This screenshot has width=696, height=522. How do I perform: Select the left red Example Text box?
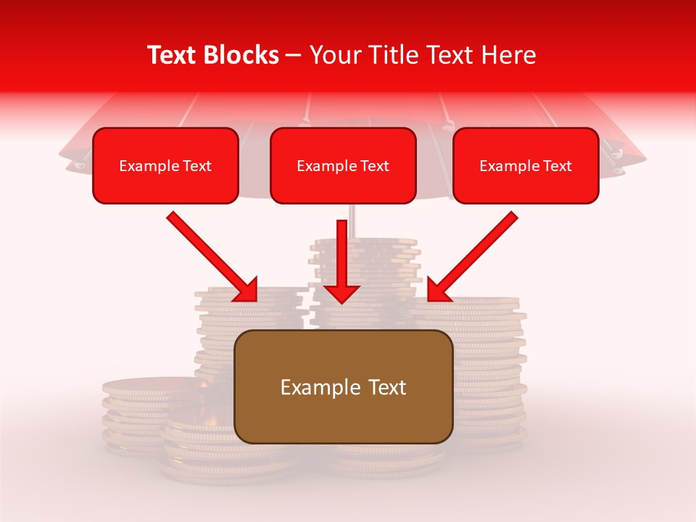tap(165, 165)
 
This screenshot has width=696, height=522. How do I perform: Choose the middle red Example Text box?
tap(343, 165)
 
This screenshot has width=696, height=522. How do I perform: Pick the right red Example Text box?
tap(526, 165)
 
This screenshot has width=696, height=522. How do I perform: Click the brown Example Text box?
tap(344, 386)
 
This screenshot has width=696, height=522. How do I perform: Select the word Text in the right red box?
tap(557, 166)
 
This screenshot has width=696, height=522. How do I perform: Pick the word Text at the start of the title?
tap(172, 55)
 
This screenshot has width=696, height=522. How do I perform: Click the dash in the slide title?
tap(294, 55)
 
